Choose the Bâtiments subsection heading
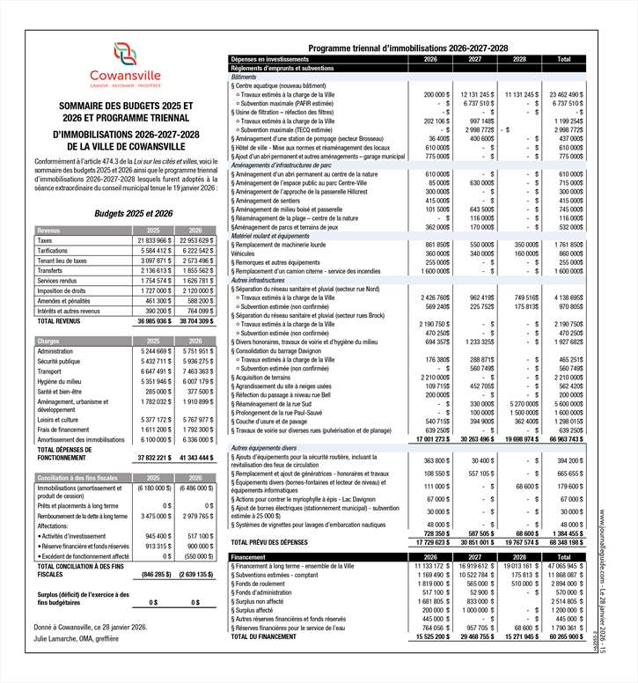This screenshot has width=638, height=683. pos(246,77)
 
